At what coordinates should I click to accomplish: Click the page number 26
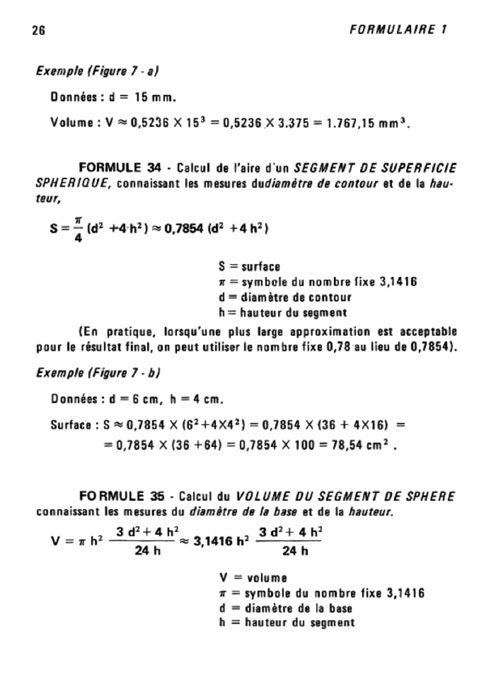[x=38, y=30]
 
